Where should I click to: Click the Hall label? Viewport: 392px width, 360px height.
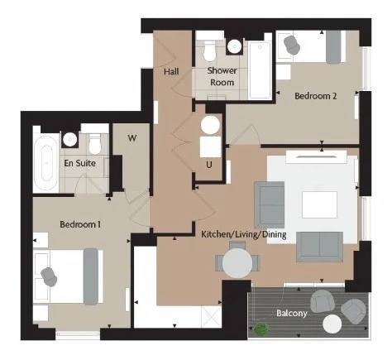[x=171, y=72]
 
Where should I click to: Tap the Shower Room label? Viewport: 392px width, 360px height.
[x=222, y=76]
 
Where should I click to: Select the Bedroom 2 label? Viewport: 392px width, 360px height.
[x=316, y=96]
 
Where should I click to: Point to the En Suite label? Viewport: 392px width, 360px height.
[x=80, y=163]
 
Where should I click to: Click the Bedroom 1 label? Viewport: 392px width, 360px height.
[x=80, y=224]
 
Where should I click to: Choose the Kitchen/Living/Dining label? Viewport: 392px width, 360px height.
[x=244, y=234]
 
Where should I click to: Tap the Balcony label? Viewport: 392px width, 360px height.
[x=292, y=313]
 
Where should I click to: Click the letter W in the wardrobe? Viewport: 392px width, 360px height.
[x=132, y=138]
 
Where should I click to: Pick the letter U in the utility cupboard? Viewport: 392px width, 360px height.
[x=209, y=165]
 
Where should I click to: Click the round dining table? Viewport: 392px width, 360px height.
[x=237, y=263]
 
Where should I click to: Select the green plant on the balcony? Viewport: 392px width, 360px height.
[x=261, y=329]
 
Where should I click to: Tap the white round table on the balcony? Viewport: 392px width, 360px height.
[x=332, y=324]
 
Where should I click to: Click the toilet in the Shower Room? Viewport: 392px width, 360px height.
[x=209, y=51]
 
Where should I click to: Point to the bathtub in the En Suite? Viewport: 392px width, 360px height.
[x=46, y=163]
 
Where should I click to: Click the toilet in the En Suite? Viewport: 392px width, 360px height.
[x=95, y=144]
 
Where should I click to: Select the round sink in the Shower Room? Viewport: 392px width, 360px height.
[x=235, y=46]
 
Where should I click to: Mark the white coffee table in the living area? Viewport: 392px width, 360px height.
[x=319, y=204]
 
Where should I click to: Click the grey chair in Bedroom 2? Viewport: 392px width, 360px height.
[x=292, y=45]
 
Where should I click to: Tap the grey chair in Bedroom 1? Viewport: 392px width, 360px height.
[x=49, y=276]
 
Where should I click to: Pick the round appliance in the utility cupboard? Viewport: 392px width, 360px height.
[x=210, y=125]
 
